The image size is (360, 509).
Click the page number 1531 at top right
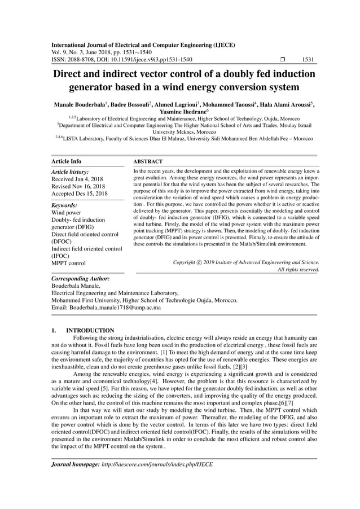click(x=309, y=59)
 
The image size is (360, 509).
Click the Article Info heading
click(x=66, y=161)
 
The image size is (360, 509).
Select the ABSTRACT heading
click(x=147, y=161)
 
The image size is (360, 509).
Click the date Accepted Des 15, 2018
click(x=79, y=194)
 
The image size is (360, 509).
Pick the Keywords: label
click(x=65, y=206)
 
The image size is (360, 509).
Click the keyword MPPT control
click(x=69, y=263)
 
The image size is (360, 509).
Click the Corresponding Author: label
click(x=80, y=279)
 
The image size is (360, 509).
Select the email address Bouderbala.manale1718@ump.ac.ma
click(x=118, y=308)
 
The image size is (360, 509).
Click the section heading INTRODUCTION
click(x=90, y=331)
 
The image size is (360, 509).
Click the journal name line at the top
click(x=143, y=45)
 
